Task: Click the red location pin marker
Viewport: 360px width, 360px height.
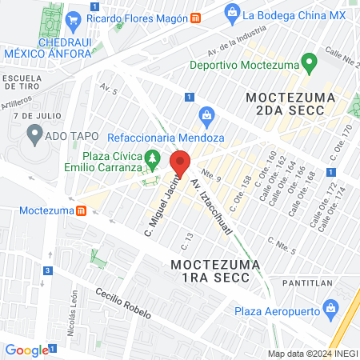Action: coord(180,163)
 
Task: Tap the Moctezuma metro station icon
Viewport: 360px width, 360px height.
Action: coord(81,210)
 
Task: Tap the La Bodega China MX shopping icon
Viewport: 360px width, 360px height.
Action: coord(232,14)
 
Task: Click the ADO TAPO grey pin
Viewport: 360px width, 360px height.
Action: coord(34,135)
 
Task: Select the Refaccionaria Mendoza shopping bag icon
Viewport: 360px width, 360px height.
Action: coord(206,115)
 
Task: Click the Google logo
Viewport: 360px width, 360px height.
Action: coord(26,350)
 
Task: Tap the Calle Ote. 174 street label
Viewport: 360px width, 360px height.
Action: coord(337,206)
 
